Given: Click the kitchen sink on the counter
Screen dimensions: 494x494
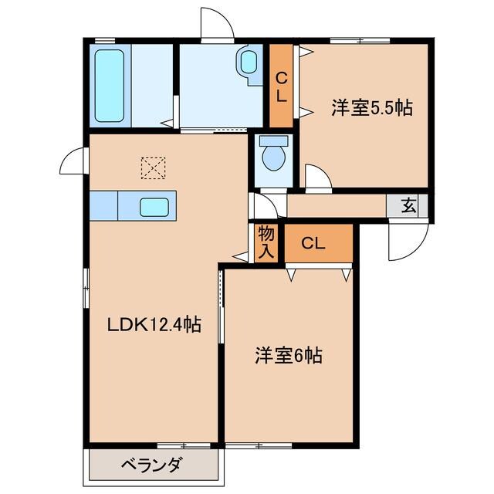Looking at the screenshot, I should point(154,206).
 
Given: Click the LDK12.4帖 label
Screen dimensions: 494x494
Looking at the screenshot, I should point(154,325).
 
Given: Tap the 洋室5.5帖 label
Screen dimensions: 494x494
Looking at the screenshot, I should point(371,109).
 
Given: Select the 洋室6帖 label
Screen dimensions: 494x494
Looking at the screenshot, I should point(289,356).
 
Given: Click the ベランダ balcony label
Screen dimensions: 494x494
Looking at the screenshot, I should point(151,465).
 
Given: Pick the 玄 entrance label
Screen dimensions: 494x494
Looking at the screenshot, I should point(410,205).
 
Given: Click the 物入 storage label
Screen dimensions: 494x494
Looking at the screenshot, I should point(266,241).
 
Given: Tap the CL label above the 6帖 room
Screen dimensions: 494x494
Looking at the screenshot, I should point(313,244).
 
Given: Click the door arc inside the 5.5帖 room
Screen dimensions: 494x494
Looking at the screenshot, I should point(317,178).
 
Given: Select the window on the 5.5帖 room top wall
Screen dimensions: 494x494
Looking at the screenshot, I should point(359,39).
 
